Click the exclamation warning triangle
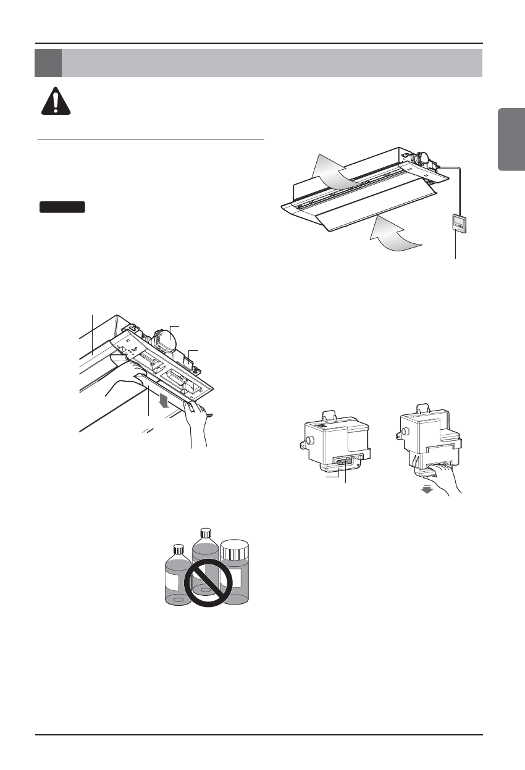click(56, 101)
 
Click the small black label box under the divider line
click(62, 207)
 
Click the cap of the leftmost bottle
click(179, 549)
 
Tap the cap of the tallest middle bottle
click(206, 533)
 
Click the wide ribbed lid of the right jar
click(234, 549)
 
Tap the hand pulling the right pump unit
click(442, 475)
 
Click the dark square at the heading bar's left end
click(48, 63)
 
